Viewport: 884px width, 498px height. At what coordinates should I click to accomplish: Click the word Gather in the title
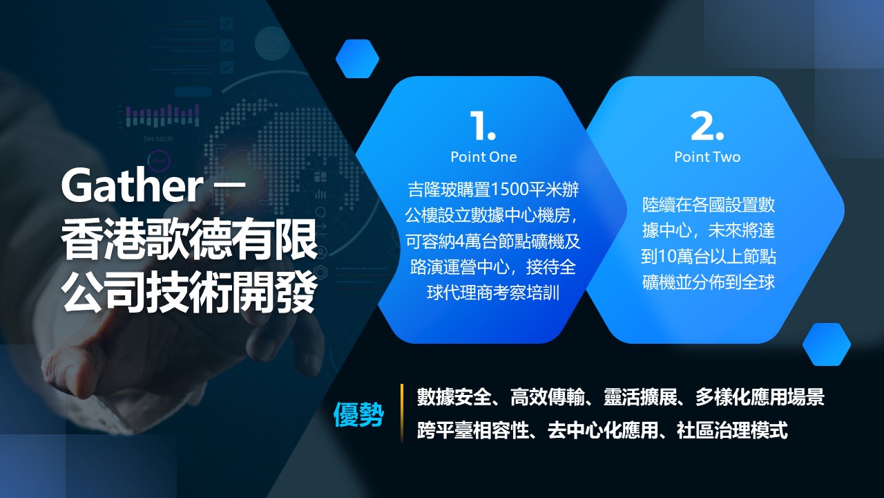pyautogui.click(x=131, y=185)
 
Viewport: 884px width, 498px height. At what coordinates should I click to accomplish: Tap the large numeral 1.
pyautogui.click(x=482, y=126)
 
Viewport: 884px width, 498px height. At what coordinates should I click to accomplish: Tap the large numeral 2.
pyautogui.click(x=707, y=126)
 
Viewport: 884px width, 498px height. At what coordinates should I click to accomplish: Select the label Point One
pyautogui.click(x=483, y=157)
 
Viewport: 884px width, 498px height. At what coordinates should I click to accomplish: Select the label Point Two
pyautogui.click(x=707, y=157)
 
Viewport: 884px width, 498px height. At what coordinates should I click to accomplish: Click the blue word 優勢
pyautogui.click(x=358, y=414)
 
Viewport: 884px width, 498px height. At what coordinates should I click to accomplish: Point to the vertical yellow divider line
pyautogui.click(x=402, y=413)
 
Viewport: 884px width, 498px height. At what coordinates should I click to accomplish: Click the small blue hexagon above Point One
pyautogui.click(x=357, y=59)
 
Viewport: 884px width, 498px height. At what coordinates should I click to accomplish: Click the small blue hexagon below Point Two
pyautogui.click(x=827, y=344)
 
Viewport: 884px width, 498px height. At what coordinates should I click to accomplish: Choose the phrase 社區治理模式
pyautogui.click(x=732, y=430)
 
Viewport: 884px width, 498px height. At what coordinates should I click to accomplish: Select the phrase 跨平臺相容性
pyautogui.click(x=473, y=430)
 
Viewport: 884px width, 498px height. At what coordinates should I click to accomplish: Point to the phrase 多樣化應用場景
pyautogui.click(x=760, y=397)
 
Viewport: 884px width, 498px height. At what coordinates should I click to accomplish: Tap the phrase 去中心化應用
pyautogui.click(x=603, y=430)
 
